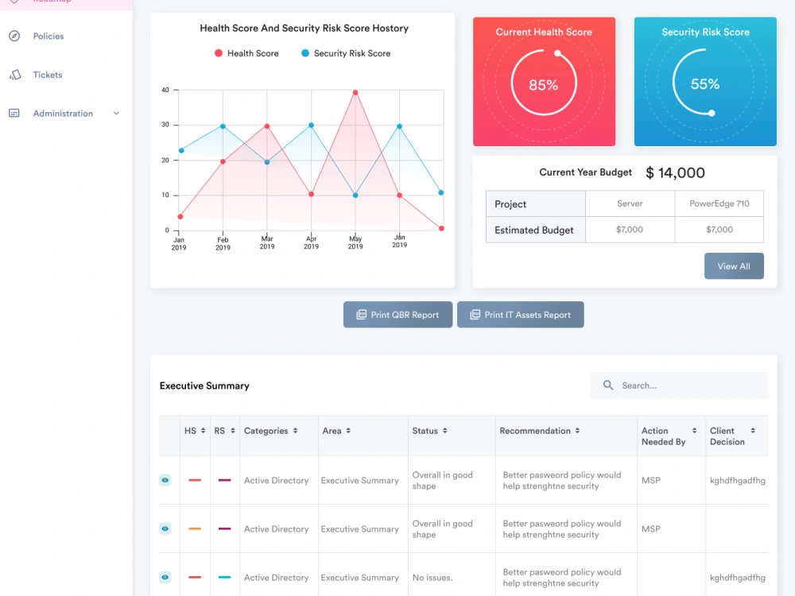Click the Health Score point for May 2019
click(355, 93)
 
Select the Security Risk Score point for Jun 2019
click(400, 126)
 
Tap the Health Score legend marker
click(219, 53)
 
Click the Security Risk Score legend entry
click(346, 53)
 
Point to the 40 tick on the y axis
click(165, 91)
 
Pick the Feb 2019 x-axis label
click(223, 244)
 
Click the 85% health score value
click(544, 85)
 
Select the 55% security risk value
click(704, 84)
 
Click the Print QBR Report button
click(398, 315)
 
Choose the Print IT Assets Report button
click(521, 315)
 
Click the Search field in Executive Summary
click(680, 385)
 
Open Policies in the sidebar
click(48, 37)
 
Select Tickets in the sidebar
click(48, 75)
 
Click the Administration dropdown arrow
click(117, 114)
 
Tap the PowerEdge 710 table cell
click(719, 203)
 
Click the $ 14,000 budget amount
click(675, 172)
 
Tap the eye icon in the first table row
click(165, 480)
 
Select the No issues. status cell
click(432, 578)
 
